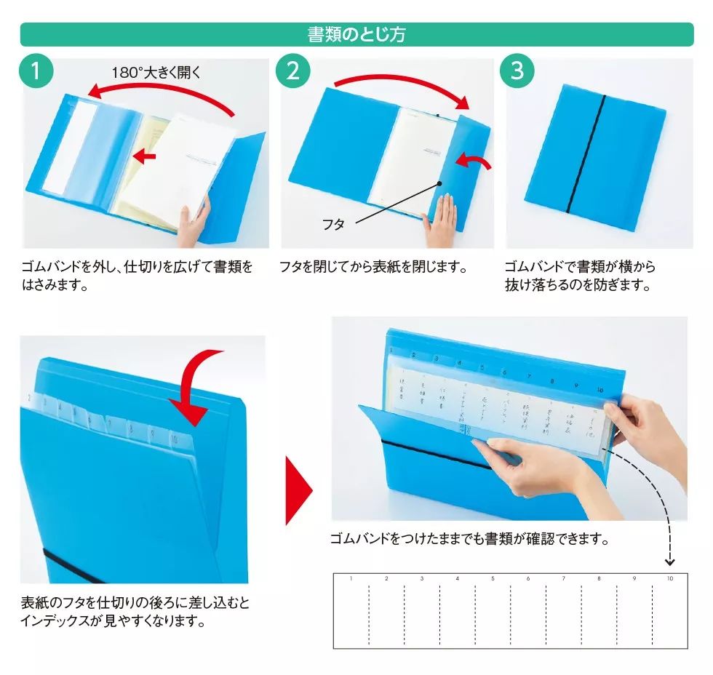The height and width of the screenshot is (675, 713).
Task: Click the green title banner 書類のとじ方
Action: tap(356, 34)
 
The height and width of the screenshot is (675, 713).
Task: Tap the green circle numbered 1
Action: tap(36, 71)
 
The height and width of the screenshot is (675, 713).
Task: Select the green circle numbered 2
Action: tap(292, 71)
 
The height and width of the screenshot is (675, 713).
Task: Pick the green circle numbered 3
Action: tap(517, 71)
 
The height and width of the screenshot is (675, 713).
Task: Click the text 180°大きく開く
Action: tap(155, 72)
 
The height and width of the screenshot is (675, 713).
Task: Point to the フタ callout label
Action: tap(333, 225)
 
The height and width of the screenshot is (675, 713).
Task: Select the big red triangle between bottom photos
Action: tap(298, 491)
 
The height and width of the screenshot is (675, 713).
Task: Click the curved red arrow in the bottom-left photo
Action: tap(200, 386)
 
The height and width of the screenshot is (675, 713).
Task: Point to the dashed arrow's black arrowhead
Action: tap(670, 562)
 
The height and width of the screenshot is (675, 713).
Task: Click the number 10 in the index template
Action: tap(669, 579)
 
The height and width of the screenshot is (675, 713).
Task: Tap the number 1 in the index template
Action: tap(351, 579)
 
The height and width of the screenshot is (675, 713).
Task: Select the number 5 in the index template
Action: tap(493, 579)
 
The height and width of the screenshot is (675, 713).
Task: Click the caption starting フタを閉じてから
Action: tap(373, 267)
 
